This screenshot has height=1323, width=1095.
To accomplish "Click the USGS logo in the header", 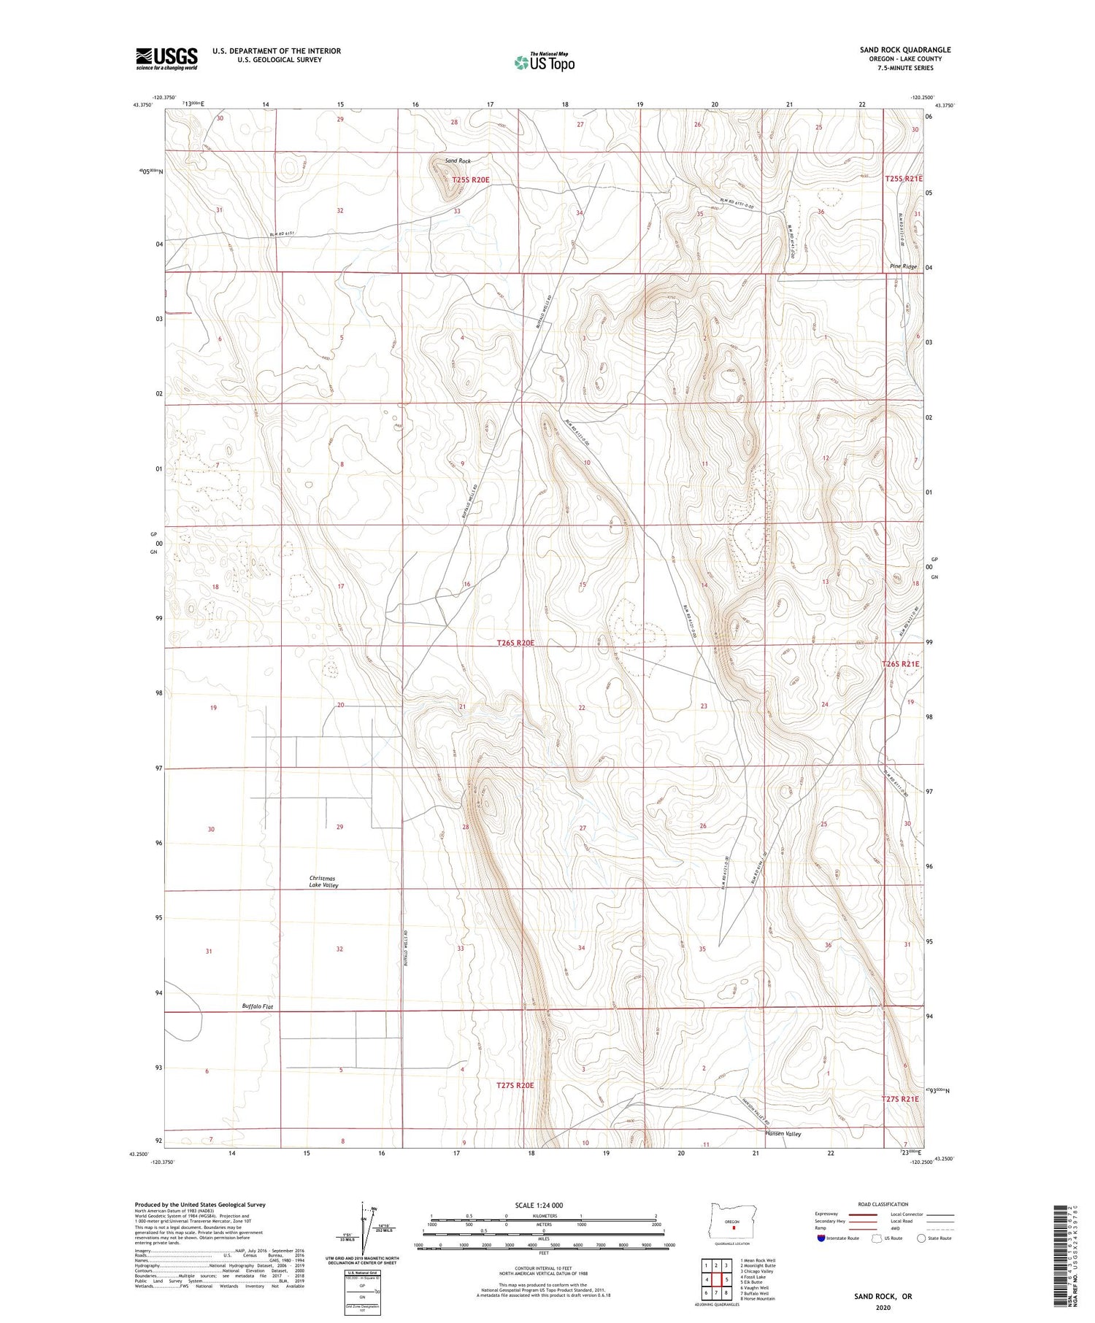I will [x=166, y=58].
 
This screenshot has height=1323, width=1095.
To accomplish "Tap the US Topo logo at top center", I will [x=544, y=63].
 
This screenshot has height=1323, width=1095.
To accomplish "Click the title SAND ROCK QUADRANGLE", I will [x=904, y=50].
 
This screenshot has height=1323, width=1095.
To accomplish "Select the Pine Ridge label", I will [x=903, y=267].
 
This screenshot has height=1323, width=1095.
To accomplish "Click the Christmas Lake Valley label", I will [x=323, y=882].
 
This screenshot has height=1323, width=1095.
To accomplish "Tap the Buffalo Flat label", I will [x=257, y=1006].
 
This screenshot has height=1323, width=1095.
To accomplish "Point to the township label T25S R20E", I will [x=470, y=179].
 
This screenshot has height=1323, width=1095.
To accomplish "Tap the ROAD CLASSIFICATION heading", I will [x=883, y=1204].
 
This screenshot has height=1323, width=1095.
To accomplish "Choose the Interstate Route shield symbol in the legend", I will [x=821, y=1238].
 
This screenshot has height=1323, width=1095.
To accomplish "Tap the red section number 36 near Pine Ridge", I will [x=821, y=212].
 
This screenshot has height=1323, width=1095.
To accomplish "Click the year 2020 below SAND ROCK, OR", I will [x=883, y=1307].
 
